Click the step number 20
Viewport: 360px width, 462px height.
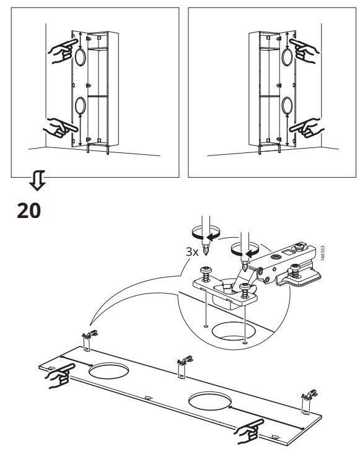coord(29,211)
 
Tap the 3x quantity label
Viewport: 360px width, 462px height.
coord(192,251)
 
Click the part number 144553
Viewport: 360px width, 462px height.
coord(323,253)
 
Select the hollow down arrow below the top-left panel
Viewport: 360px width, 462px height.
coord(37,180)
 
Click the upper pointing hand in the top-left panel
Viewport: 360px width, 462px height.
coord(63,51)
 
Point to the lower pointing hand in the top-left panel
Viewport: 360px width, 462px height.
coord(61,128)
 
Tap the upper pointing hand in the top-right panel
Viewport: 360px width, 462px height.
coord(304,51)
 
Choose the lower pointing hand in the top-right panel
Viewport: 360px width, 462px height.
coord(307,128)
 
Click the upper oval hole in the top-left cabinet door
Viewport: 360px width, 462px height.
coord(81,57)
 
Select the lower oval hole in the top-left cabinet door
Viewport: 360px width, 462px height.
coord(81,106)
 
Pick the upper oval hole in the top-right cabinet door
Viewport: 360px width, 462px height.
coord(287,57)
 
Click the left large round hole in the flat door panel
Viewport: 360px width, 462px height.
coord(109,371)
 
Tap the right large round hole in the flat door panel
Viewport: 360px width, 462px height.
coord(209,401)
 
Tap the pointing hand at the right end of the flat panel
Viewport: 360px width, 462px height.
coord(249,432)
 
